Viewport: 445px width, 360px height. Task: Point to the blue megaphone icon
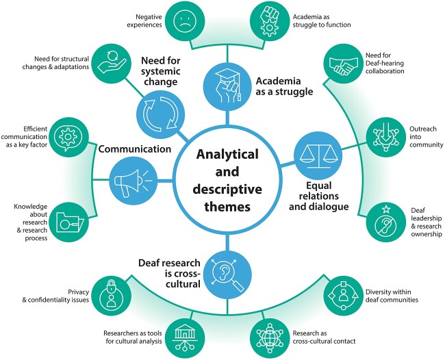(129, 181)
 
